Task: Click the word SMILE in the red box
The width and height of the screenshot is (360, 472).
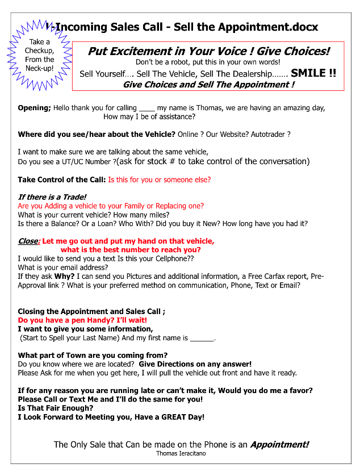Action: click(x=308, y=73)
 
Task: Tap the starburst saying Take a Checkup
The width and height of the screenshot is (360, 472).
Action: click(x=40, y=55)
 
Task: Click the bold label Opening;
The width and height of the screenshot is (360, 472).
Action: click(x=35, y=108)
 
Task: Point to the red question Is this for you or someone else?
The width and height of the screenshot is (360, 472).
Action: click(x=160, y=179)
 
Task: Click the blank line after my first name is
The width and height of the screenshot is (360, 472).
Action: click(x=202, y=338)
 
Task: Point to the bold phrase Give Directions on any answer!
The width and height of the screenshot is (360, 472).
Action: click(x=195, y=364)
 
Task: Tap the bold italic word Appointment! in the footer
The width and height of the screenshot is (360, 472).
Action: click(x=279, y=445)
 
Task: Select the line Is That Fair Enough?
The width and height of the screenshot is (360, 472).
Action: click(x=56, y=408)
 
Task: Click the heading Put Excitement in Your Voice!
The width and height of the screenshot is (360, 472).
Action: click(x=208, y=51)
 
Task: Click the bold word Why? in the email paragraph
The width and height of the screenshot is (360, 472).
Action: click(x=64, y=277)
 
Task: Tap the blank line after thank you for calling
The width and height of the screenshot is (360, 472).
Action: click(x=146, y=108)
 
